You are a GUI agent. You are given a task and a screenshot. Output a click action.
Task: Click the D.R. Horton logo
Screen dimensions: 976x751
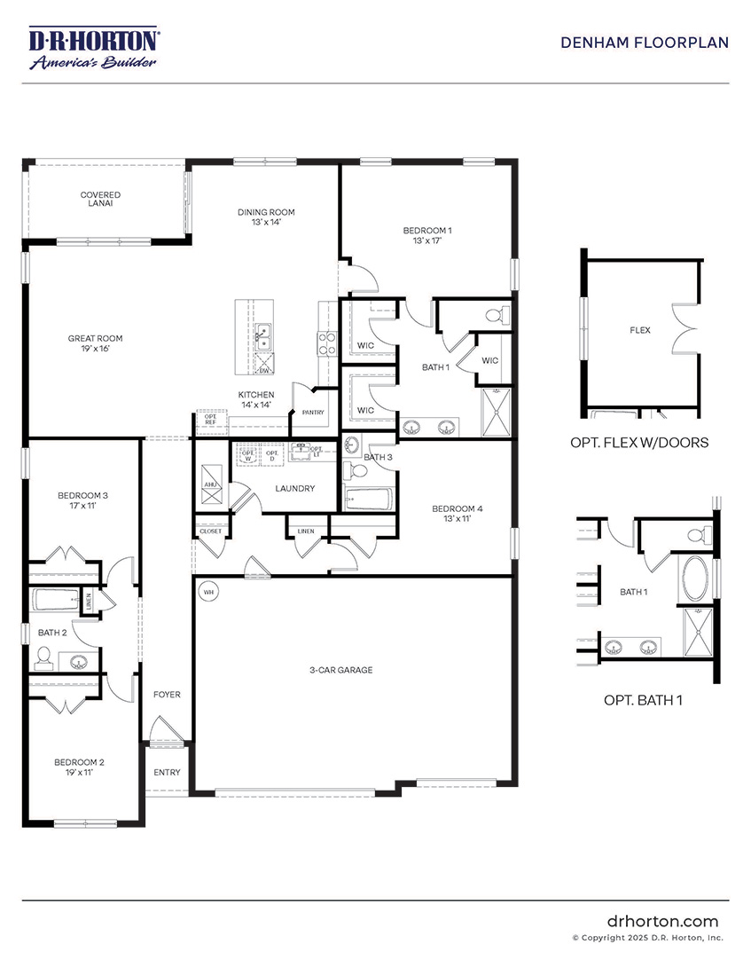(x=94, y=49)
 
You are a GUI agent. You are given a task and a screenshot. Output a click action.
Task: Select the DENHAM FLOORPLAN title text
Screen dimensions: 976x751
(x=645, y=43)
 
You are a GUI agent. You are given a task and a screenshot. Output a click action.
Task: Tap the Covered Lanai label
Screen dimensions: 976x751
(x=100, y=199)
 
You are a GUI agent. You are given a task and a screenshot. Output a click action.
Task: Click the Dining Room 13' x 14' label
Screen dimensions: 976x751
(x=265, y=217)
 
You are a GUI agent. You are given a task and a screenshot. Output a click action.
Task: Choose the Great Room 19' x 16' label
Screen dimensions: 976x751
(x=96, y=343)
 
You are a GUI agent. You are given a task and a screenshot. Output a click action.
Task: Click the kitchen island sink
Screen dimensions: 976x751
(x=263, y=335)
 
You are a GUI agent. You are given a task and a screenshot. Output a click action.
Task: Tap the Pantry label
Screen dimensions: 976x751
(x=313, y=413)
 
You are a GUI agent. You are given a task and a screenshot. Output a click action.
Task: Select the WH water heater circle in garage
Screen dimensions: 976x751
(x=209, y=591)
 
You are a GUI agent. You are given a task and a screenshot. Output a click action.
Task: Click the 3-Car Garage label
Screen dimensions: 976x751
(x=341, y=670)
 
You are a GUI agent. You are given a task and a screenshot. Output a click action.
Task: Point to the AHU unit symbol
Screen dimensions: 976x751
(x=211, y=484)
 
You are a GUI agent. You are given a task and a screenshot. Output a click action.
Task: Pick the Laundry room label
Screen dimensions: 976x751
(x=295, y=488)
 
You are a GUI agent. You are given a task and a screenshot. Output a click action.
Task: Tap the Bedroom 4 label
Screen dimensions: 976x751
(x=457, y=514)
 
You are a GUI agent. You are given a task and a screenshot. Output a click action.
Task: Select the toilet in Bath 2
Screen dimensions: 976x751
(x=43, y=657)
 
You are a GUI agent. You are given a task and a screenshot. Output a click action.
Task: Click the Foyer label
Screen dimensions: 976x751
(x=166, y=695)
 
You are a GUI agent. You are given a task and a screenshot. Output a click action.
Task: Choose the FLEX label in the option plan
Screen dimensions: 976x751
(x=639, y=330)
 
